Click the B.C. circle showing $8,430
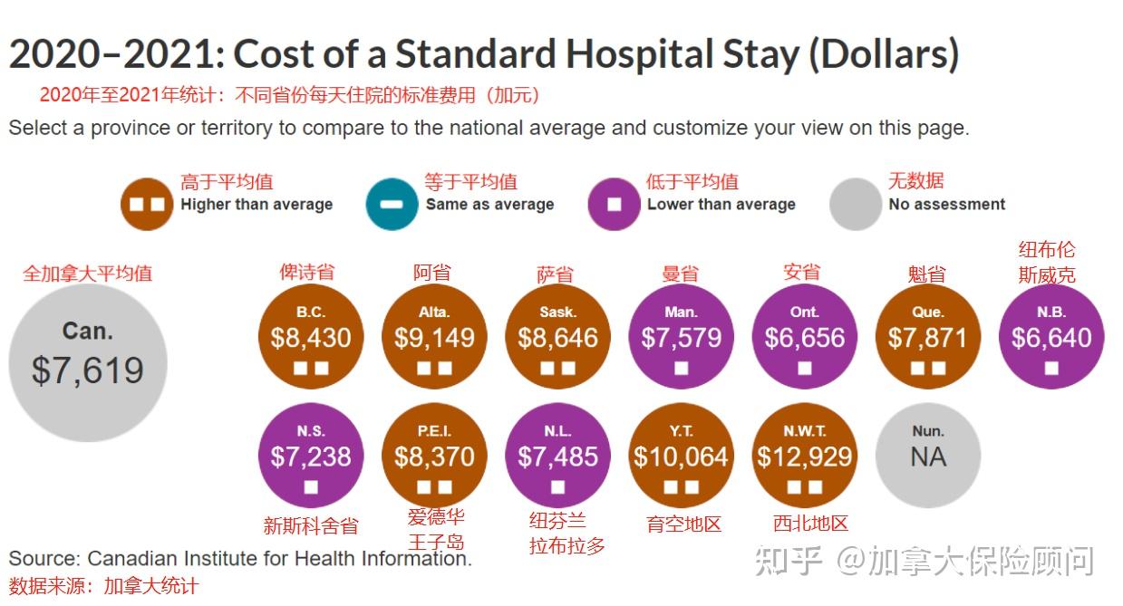(311, 336)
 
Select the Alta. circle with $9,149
(434, 336)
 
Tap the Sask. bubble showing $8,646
(557, 336)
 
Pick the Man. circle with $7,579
(681, 336)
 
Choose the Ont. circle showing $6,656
(804, 336)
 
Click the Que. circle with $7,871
(928, 336)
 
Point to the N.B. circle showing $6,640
(1051, 336)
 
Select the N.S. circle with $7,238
(311, 455)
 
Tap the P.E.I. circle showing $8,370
(434, 455)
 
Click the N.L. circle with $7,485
(557, 455)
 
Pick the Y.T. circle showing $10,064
(681, 455)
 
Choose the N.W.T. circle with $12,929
(805, 455)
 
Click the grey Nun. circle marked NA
(928, 455)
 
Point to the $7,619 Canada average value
(88, 370)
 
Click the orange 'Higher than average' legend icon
(147, 204)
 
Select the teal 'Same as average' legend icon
(392, 204)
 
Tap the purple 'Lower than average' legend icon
(614, 204)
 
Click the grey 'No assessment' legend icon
(855, 204)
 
